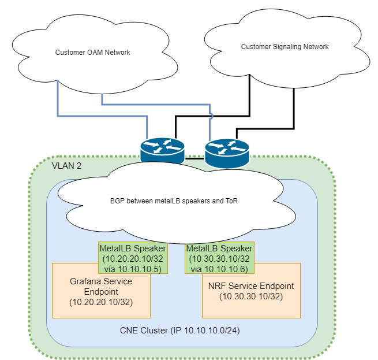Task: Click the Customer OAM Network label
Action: (x=92, y=53)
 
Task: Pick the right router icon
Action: (x=227, y=151)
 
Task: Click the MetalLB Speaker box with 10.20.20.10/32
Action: (x=125, y=258)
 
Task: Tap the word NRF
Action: (x=216, y=286)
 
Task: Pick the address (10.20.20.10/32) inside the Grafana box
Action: (x=101, y=302)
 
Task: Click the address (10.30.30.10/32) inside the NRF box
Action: (x=251, y=296)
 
